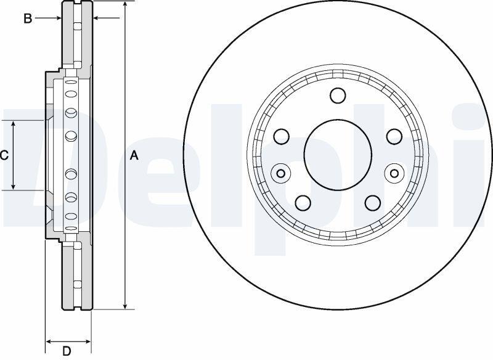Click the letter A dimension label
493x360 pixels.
tap(134, 155)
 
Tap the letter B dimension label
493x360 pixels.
tap(28, 19)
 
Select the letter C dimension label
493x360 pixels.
tap(4, 155)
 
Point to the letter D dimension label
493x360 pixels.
tap(67, 351)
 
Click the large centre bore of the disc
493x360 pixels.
tap(338, 155)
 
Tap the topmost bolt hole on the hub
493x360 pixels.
tap(338, 96)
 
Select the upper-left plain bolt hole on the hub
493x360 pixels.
tap(282, 136)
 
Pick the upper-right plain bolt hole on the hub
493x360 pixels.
tap(394, 136)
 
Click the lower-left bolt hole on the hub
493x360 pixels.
tap(303, 203)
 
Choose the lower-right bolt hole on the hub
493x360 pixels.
tap(373, 203)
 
